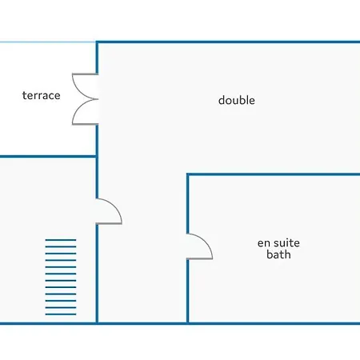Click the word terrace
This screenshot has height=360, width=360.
pyautogui.click(x=42, y=95)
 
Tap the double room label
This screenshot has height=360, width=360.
pyautogui.click(x=237, y=100)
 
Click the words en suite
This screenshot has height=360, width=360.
pyautogui.click(x=278, y=243)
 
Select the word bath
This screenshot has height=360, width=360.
pyautogui.click(x=278, y=254)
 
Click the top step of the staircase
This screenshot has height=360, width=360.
pyautogui.click(x=61, y=240)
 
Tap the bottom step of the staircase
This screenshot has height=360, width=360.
pyautogui.click(x=61, y=314)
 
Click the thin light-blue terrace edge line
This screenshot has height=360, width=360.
pyautogui.click(x=48, y=42)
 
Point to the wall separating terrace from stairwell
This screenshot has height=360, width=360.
pyautogui.click(x=48, y=157)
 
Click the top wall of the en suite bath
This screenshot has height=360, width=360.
pyautogui.click(x=274, y=174)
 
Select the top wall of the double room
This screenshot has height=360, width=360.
pyautogui.click(x=228, y=42)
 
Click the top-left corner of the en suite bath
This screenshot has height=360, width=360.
pyautogui.click(x=188, y=174)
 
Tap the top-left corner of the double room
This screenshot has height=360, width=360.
pyautogui.click(x=97, y=42)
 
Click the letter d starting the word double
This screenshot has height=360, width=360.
pyautogui.click(x=222, y=101)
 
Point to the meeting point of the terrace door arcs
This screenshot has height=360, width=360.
pyautogui.click(x=97, y=99)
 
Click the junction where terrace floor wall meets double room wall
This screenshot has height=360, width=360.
pyautogui.click(x=97, y=157)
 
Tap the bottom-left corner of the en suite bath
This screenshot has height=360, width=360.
pyautogui.click(x=188, y=323)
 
